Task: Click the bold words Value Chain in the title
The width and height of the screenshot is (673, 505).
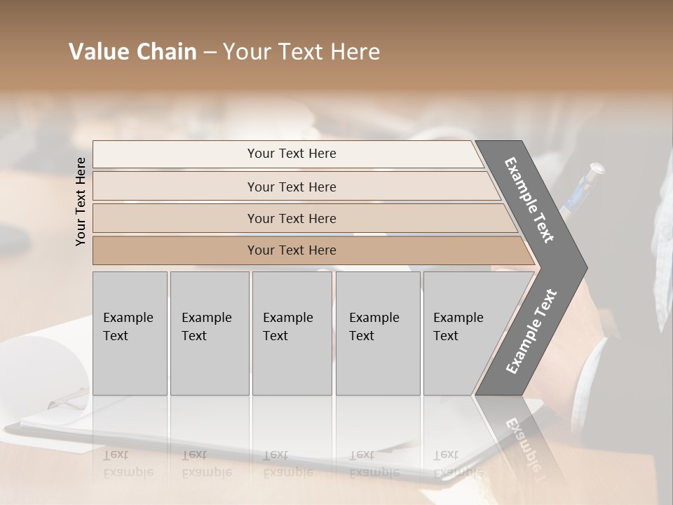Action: tap(132, 52)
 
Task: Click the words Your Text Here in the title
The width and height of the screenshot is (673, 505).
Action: tap(301, 52)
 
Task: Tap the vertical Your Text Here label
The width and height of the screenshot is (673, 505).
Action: tap(81, 201)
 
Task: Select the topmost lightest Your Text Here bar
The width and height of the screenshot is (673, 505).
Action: tap(292, 154)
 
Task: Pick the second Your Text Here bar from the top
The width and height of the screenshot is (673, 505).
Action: tap(292, 187)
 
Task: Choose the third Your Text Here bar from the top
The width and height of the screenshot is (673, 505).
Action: tap(292, 218)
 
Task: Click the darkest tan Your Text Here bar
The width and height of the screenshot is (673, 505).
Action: tap(292, 250)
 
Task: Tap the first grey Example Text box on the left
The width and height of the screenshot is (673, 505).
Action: tap(130, 333)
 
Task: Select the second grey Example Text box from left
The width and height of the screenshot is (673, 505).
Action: tap(209, 333)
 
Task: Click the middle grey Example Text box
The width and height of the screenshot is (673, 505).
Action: tap(292, 333)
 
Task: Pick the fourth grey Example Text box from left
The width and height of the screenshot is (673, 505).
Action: tap(377, 333)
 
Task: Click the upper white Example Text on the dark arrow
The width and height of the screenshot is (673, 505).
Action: tap(529, 200)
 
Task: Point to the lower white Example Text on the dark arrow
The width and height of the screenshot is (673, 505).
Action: tap(531, 332)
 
